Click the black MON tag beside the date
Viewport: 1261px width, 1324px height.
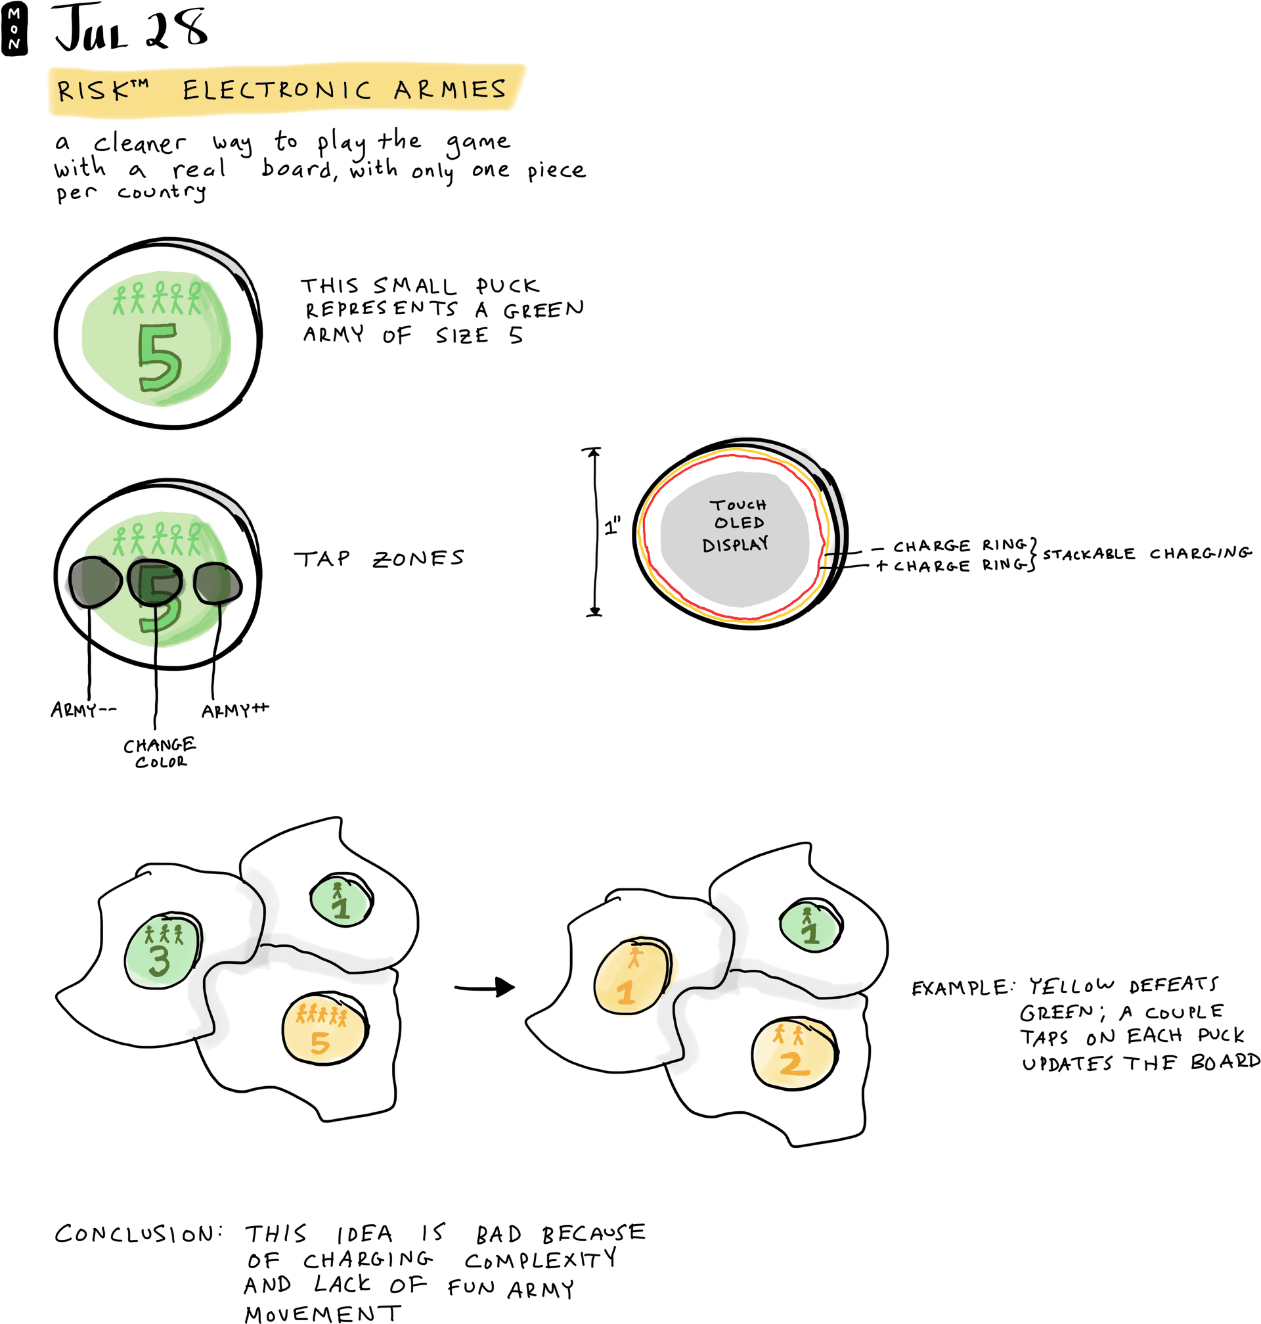pyautogui.click(x=14, y=29)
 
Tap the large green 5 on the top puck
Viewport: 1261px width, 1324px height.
pyautogui.click(x=160, y=357)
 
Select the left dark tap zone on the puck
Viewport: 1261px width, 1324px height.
pyautogui.click(x=93, y=582)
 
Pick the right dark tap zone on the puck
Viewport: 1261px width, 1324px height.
pyautogui.click(x=217, y=582)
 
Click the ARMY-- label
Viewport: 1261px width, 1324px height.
pyautogui.click(x=83, y=710)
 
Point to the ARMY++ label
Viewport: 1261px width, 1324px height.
pyautogui.click(x=235, y=710)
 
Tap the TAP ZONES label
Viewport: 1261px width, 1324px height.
pyautogui.click(x=379, y=559)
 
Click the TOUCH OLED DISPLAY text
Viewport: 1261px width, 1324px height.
pyautogui.click(x=738, y=524)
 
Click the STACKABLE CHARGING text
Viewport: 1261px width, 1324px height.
pyautogui.click(x=1147, y=553)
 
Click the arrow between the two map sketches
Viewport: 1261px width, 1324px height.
pyautogui.click(x=485, y=987)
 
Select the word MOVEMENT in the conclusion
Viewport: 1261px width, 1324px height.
pyautogui.click(x=322, y=1313)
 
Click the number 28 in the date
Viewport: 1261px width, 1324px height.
pyautogui.click(x=176, y=30)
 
